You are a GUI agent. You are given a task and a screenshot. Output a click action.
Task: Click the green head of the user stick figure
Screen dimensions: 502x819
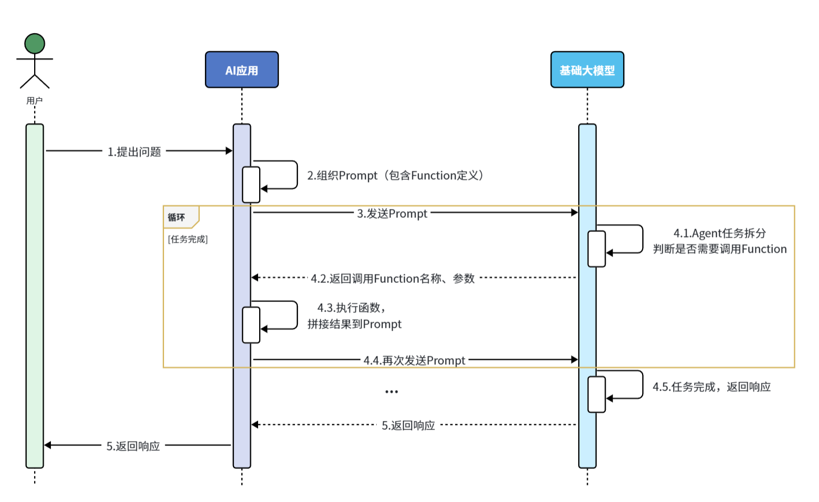[35, 44]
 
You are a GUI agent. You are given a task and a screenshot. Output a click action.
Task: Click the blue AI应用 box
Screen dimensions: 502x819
[242, 70]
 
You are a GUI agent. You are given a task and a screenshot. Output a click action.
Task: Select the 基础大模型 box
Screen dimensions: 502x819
[587, 70]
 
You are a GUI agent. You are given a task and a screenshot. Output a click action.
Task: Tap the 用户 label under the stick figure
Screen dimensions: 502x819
[35, 101]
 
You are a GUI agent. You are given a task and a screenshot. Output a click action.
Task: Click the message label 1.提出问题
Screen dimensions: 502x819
[134, 152]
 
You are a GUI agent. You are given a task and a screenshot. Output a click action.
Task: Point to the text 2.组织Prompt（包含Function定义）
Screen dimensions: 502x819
[395, 175]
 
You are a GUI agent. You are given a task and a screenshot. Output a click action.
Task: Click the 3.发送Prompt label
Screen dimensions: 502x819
[392, 213]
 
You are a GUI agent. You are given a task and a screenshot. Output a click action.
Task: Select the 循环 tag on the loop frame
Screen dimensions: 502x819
[177, 217]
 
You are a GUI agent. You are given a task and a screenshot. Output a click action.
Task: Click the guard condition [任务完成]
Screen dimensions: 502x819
[188, 239]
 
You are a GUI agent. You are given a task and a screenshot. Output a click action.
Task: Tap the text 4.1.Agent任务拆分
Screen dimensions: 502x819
[719, 233]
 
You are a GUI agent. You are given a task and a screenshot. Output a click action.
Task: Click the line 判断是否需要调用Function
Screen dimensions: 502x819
[719, 249]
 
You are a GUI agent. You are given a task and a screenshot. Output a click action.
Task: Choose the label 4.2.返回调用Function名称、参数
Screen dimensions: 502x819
[393, 278]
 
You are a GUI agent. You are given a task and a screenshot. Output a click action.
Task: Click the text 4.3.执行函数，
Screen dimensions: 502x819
[352, 308]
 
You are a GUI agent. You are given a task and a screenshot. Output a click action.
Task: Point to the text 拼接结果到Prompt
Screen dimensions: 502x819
[354, 324]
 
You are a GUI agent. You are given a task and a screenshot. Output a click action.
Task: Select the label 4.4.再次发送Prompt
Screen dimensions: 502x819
[414, 360]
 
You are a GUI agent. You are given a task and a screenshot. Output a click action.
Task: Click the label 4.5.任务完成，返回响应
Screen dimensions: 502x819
[712, 387]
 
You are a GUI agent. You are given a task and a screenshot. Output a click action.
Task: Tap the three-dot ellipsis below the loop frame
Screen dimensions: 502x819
[391, 392]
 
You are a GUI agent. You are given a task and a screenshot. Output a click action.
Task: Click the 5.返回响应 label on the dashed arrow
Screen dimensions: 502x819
[408, 426]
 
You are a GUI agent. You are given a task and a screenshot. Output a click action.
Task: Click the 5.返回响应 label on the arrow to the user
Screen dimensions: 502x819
[133, 446]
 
